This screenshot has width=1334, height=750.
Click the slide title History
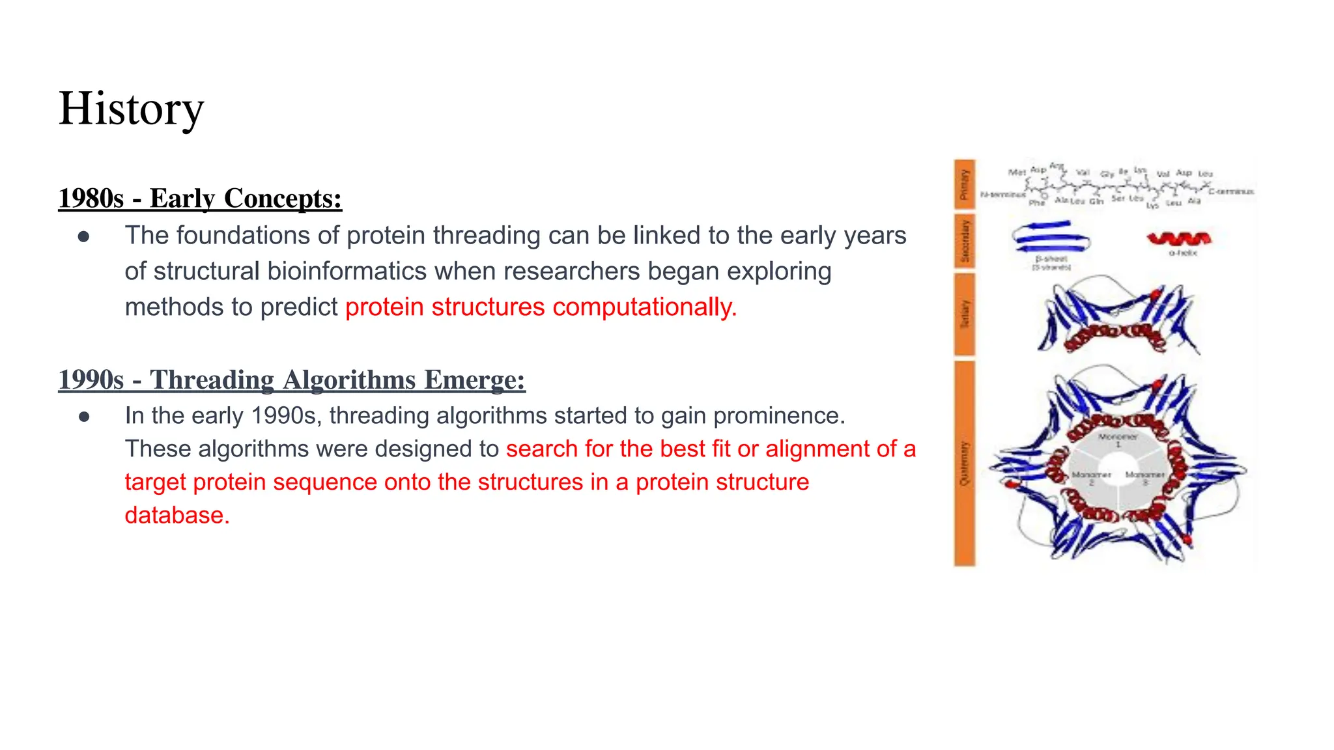point(131,109)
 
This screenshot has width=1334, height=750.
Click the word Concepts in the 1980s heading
point(282,199)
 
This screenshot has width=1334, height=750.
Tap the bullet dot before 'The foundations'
point(83,236)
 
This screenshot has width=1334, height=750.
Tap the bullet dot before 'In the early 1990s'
point(83,417)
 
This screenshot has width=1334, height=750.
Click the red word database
point(177,516)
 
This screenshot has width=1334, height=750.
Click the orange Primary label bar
point(965,184)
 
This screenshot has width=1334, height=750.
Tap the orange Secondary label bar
point(965,242)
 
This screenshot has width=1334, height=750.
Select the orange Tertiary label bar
point(965,314)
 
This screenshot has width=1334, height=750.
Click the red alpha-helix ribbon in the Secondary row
point(1179,239)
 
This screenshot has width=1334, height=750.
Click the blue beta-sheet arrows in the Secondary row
point(1051,238)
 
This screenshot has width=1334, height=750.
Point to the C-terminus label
point(1230,191)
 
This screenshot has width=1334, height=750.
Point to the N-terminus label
point(1002,194)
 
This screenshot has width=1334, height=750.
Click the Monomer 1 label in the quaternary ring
point(1118,439)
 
